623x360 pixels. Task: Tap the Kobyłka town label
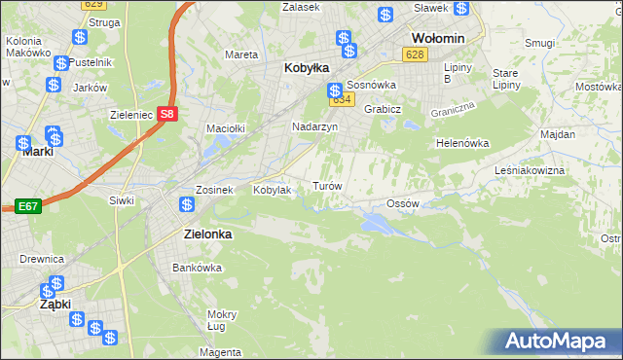(307, 68)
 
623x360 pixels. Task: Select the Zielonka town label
(212, 234)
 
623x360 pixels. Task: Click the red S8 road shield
(168, 113)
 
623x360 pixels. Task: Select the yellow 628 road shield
(416, 55)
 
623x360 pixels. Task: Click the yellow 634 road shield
(340, 100)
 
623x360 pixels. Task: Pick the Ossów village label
(402, 203)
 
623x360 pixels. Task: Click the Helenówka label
(462, 143)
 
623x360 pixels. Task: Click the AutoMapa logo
(558, 342)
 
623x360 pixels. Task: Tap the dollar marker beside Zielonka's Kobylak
(187, 205)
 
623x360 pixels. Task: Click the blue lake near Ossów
(376, 225)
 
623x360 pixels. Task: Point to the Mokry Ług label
(222, 320)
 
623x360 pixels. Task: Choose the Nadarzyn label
(314, 126)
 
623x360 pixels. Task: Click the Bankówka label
(192, 267)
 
